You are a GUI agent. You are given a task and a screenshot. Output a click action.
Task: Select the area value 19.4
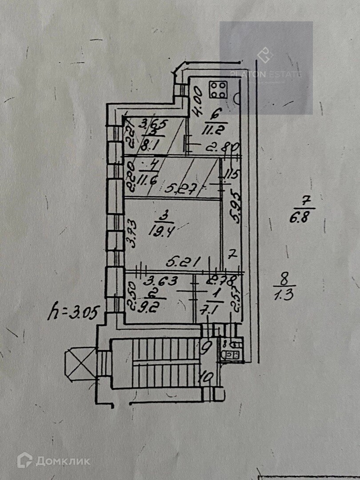[x=163, y=231]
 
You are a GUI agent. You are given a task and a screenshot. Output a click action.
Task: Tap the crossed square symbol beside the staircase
[x=80, y=363]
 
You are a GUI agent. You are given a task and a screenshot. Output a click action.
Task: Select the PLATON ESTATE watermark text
[x=266, y=74]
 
